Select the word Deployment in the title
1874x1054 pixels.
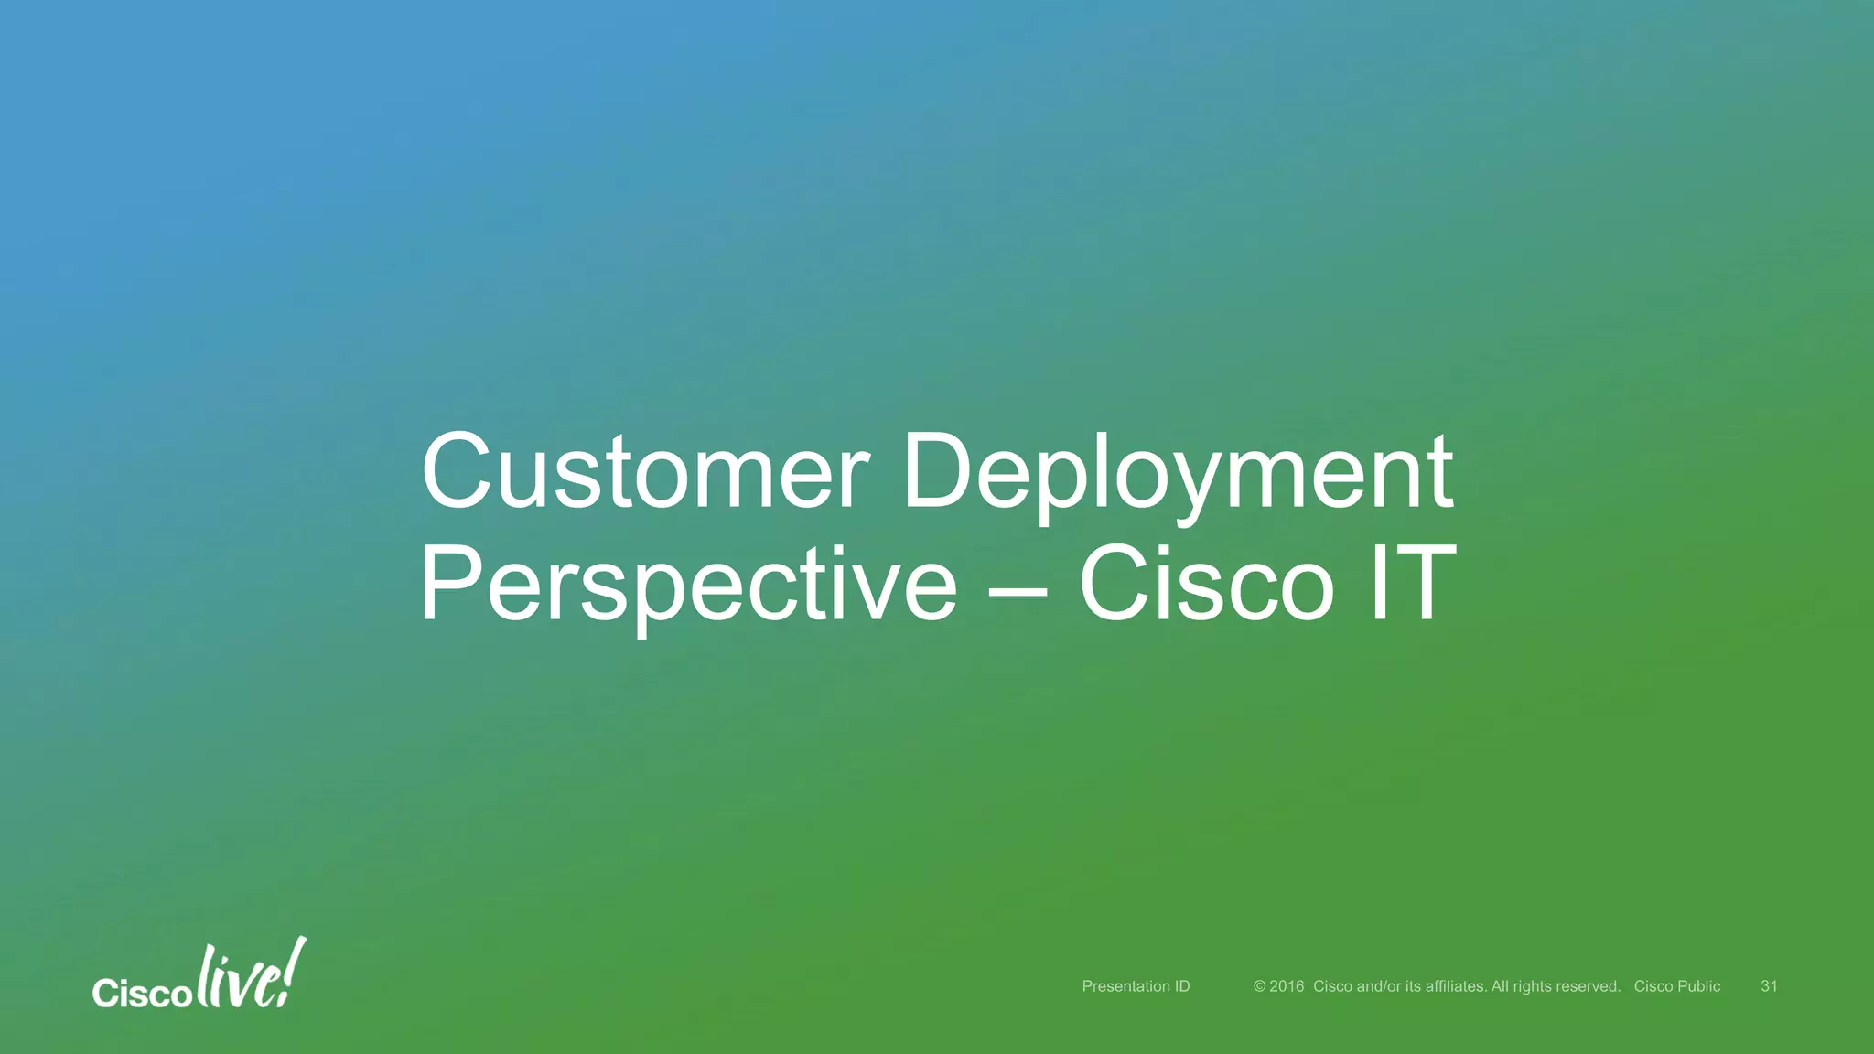click(1178, 476)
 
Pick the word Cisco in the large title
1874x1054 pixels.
click(1206, 585)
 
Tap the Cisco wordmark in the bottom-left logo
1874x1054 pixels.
click(142, 994)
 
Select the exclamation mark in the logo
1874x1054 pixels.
click(295, 970)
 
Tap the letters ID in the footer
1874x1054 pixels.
click(1182, 986)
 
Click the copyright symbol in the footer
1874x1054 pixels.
click(1259, 986)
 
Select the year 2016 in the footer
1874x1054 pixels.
click(1287, 986)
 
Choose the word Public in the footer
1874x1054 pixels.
click(1699, 986)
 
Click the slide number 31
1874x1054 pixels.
click(1769, 986)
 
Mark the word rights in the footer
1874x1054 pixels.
click(1534, 986)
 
